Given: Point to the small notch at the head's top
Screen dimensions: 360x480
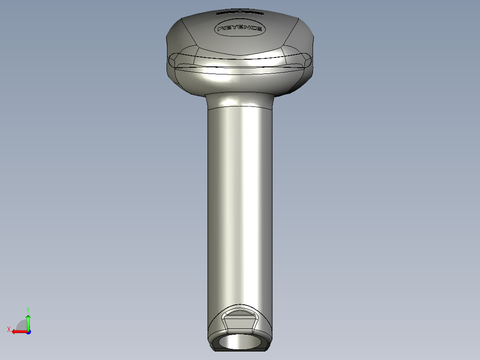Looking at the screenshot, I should pos(240,10).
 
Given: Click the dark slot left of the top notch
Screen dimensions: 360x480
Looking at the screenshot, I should pos(228,13).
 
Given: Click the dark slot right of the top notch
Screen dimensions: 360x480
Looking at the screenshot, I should pos(252,12).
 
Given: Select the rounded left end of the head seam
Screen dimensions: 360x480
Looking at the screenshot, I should pos(173,60).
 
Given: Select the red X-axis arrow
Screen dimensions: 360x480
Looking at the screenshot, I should pos(18,331).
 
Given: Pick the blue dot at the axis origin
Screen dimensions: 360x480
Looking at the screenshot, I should pos(28,332).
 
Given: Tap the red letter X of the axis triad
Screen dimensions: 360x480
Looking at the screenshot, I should pos(8,329).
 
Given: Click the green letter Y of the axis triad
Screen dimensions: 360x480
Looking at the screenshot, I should pos(28,309).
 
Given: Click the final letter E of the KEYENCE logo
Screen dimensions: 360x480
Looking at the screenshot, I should pos(258,30).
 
